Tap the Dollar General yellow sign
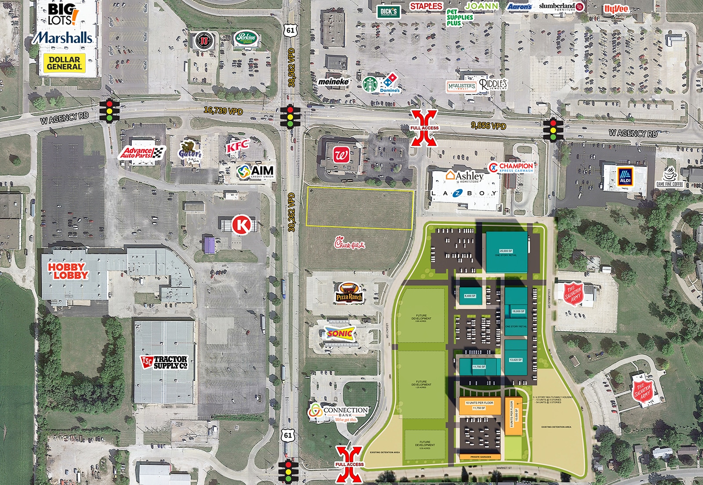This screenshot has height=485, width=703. pyautogui.click(x=64, y=63)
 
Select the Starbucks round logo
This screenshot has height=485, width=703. pyautogui.click(x=370, y=84)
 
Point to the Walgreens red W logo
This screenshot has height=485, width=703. pyautogui.click(x=341, y=155)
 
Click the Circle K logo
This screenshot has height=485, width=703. pyautogui.click(x=241, y=224)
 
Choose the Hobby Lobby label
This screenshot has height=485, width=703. pyautogui.click(x=68, y=271)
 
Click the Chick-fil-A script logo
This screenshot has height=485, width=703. pyautogui.click(x=349, y=243)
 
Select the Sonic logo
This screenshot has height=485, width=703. pyautogui.click(x=340, y=334)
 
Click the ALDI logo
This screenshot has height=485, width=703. pyautogui.click(x=625, y=176)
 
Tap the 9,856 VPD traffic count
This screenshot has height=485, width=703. pyautogui.click(x=488, y=126)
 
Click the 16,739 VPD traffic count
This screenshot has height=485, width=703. pyautogui.click(x=223, y=110)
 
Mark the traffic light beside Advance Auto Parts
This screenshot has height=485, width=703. pyautogui.click(x=109, y=111)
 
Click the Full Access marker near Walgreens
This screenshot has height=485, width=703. pyautogui.click(x=424, y=128)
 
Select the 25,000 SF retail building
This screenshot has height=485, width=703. pyautogui.click(x=506, y=252)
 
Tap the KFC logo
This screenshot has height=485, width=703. pyautogui.click(x=238, y=146)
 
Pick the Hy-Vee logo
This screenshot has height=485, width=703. pyautogui.click(x=616, y=9)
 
